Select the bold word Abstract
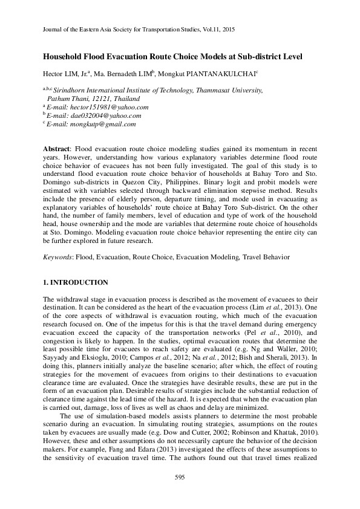point(56,149)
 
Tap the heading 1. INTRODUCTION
point(76,282)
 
